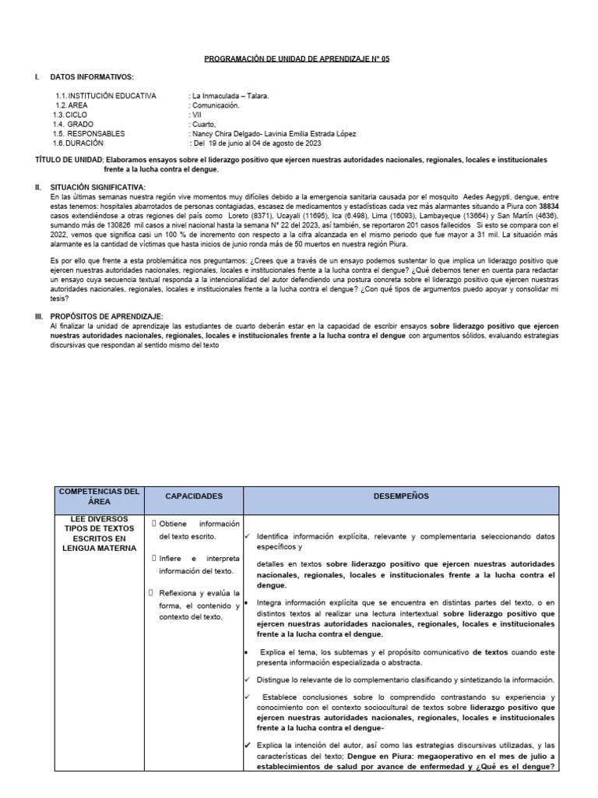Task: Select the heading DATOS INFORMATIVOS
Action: pos(92,77)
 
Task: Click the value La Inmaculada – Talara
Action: pos(230,96)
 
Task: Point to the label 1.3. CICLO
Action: pos(71,115)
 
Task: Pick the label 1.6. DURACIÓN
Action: pos(78,143)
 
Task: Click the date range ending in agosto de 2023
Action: pos(255,143)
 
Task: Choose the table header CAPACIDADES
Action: pos(194,496)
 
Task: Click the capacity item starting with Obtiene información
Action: pos(199,529)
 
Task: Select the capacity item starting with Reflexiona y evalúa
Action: pos(199,605)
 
